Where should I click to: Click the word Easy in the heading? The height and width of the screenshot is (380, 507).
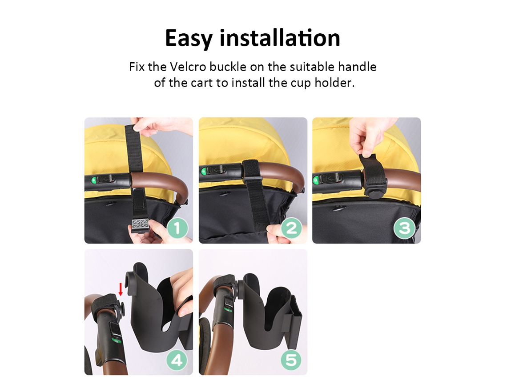pyautogui.click(x=189, y=39)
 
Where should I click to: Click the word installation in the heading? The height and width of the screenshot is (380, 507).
pyautogui.click(x=280, y=38)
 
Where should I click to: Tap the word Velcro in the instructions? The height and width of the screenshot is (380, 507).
pyautogui.click(x=188, y=67)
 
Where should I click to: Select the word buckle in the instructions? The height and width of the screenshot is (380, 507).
pyautogui.click(x=228, y=67)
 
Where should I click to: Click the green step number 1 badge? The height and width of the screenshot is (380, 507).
pyautogui.click(x=177, y=228)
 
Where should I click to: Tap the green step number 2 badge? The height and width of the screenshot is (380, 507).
pyautogui.click(x=291, y=228)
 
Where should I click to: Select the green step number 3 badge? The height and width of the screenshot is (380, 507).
pyautogui.click(x=405, y=228)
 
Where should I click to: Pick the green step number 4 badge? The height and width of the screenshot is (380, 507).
pyautogui.click(x=177, y=360)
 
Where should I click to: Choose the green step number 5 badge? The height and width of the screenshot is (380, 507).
pyautogui.click(x=291, y=360)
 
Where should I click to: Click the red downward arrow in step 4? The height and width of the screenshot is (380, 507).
pyautogui.click(x=121, y=289)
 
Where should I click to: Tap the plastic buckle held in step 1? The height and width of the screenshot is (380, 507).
pyautogui.click(x=139, y=225)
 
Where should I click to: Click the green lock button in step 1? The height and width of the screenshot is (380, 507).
pyautogui.click(x=93, y=180)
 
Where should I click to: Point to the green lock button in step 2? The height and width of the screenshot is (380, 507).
pyautogui.click(x=203, y=171)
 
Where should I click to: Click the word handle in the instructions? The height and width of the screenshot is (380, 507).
pyautogui.click(x=357, y=67)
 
